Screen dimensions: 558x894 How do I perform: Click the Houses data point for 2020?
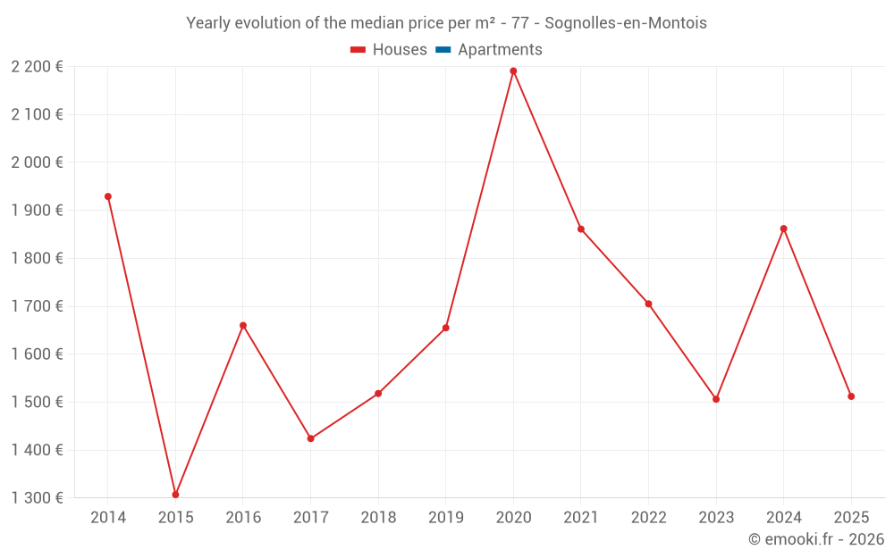[513, 71]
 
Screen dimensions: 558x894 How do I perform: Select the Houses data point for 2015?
[175, 495]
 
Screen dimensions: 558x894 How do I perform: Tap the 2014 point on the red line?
[108, 196]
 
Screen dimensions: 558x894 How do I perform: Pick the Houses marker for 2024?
[783, 229]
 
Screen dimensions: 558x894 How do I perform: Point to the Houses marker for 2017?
[310, 438]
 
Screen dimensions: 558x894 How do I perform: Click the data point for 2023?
[716, 399]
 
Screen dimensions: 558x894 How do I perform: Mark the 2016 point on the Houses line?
[243, 326]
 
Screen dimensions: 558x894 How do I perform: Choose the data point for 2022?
[648, 304]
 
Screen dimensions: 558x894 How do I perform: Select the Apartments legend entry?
[500, 50]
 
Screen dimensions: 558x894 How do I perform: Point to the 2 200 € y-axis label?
[37, 66]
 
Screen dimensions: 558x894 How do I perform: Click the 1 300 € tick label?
[37, 498]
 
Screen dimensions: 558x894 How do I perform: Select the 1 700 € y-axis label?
[37, 306]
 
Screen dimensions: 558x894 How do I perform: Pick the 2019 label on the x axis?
[446, 518]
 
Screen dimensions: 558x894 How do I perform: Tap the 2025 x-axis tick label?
[851, 518]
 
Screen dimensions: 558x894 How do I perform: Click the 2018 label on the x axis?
[378, 518]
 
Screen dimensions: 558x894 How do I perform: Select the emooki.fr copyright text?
[816, 539]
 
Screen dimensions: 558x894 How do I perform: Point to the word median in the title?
[384, 23]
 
